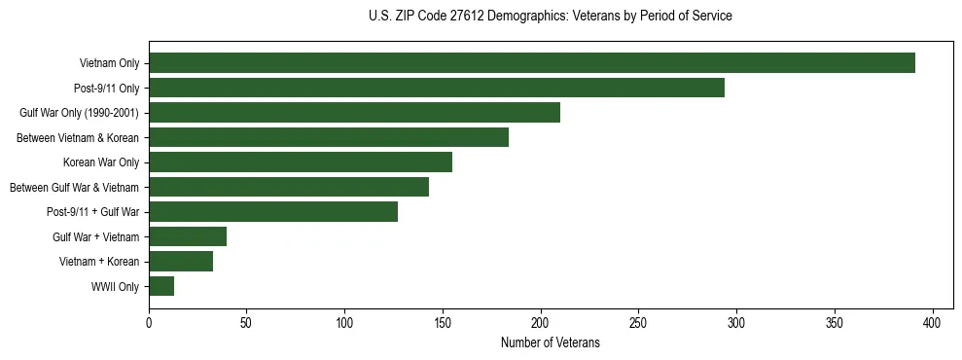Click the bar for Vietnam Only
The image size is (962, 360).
click(532, 63)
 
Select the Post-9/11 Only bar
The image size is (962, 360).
click(437, 88)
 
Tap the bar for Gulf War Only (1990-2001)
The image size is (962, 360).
click(354, 113)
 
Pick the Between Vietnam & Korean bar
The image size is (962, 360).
click(329, 137)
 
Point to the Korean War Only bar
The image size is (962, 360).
click(301, 162)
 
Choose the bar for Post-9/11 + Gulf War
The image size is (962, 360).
click(273, 212)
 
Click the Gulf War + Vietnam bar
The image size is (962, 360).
click(188, 236)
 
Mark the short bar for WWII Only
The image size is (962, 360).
click(161, 286)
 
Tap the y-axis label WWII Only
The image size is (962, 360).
click(115, 287)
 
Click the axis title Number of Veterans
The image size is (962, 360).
click(550, 342)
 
